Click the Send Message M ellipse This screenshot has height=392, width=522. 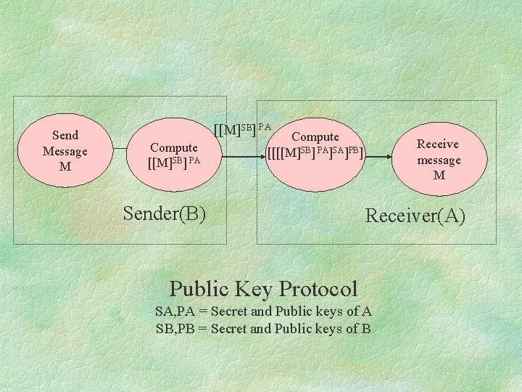pos(65,150)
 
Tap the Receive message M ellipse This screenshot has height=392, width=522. pos(439,159)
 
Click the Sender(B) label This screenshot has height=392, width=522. pos(165,213)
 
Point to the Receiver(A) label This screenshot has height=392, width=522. pos(415,216)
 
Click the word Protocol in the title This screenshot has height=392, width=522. pos(314,289)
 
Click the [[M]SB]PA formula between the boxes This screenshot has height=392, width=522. pos(242,128)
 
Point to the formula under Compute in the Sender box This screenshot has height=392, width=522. pos(174,160)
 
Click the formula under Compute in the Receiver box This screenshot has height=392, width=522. pos(316,152)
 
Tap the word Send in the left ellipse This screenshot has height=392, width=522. pos(65,135)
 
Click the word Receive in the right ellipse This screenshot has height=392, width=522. pos(438,144)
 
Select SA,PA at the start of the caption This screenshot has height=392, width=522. pos(173,311)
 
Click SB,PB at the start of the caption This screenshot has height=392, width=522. pos(173,328)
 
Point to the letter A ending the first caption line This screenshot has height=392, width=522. pos(367,311)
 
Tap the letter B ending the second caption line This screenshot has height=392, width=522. pos(366,328)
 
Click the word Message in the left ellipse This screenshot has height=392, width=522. pos(65,151)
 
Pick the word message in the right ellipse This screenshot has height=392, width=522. pos(439,160)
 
